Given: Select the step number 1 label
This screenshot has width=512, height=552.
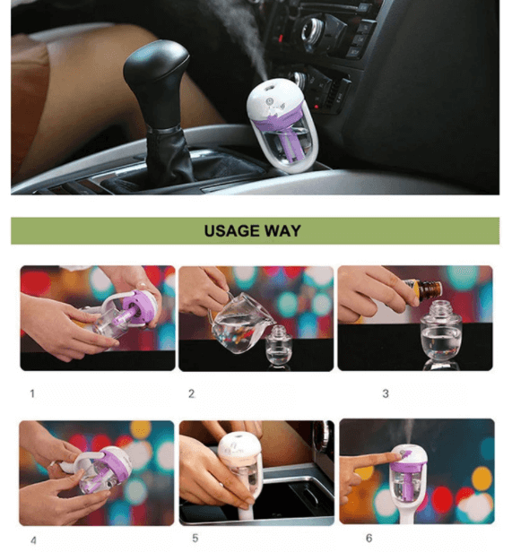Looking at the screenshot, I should [32, 392].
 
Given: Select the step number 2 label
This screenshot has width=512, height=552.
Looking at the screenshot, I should [191, 392].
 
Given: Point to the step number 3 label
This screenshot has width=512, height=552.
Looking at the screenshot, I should [386, 392].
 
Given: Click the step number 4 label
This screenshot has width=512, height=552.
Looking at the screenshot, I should [33, 540].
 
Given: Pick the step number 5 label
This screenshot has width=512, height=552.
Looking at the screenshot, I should [195, 538].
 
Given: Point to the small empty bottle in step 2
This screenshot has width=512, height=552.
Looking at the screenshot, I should [280, 345].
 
